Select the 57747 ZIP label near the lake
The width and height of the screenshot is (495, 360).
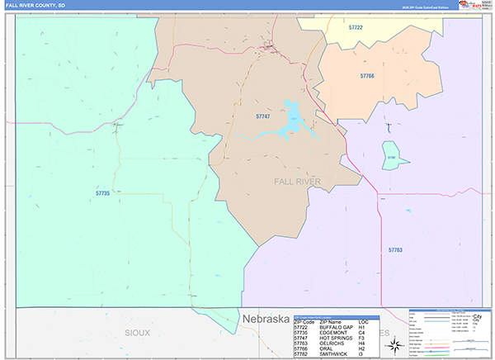263,117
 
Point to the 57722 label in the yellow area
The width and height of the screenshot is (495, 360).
356,27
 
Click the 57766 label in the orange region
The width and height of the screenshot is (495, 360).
367,75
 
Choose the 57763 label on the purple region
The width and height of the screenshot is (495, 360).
395,249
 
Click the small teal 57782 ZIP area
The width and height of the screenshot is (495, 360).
391,155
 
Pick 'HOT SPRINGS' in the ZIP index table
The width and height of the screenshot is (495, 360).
335,338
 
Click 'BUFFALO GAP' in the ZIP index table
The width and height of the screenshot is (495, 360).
337,328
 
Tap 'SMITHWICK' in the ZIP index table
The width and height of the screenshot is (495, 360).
333,353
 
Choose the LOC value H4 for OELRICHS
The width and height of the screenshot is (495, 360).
362,343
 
